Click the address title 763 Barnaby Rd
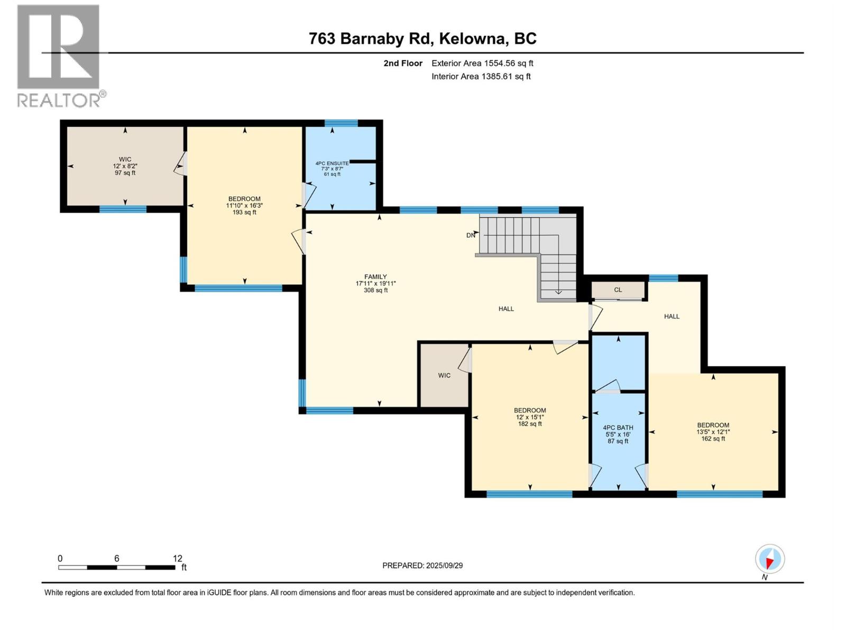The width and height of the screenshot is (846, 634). (x=422, y=39)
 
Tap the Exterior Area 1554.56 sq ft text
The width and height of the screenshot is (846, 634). (x=482, y=63)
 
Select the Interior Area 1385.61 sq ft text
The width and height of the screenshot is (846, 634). (x=481, y=77)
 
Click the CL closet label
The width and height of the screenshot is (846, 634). (x=618, y=290)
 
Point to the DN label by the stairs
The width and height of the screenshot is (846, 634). (x=471, y=236)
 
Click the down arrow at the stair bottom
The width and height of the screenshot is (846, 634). (x=558, y=291)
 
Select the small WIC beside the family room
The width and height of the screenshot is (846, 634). (x=444, y=376)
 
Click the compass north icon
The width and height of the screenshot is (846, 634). (x=770, y=559)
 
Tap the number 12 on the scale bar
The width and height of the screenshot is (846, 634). (x=178, y=558)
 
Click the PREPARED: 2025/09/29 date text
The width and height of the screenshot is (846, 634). (x=422, y=565)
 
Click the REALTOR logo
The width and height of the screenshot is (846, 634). (x=59, y=55)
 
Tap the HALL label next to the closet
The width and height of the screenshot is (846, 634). (x=672, y=316)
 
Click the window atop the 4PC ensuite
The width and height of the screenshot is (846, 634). (x=341, y=123)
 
